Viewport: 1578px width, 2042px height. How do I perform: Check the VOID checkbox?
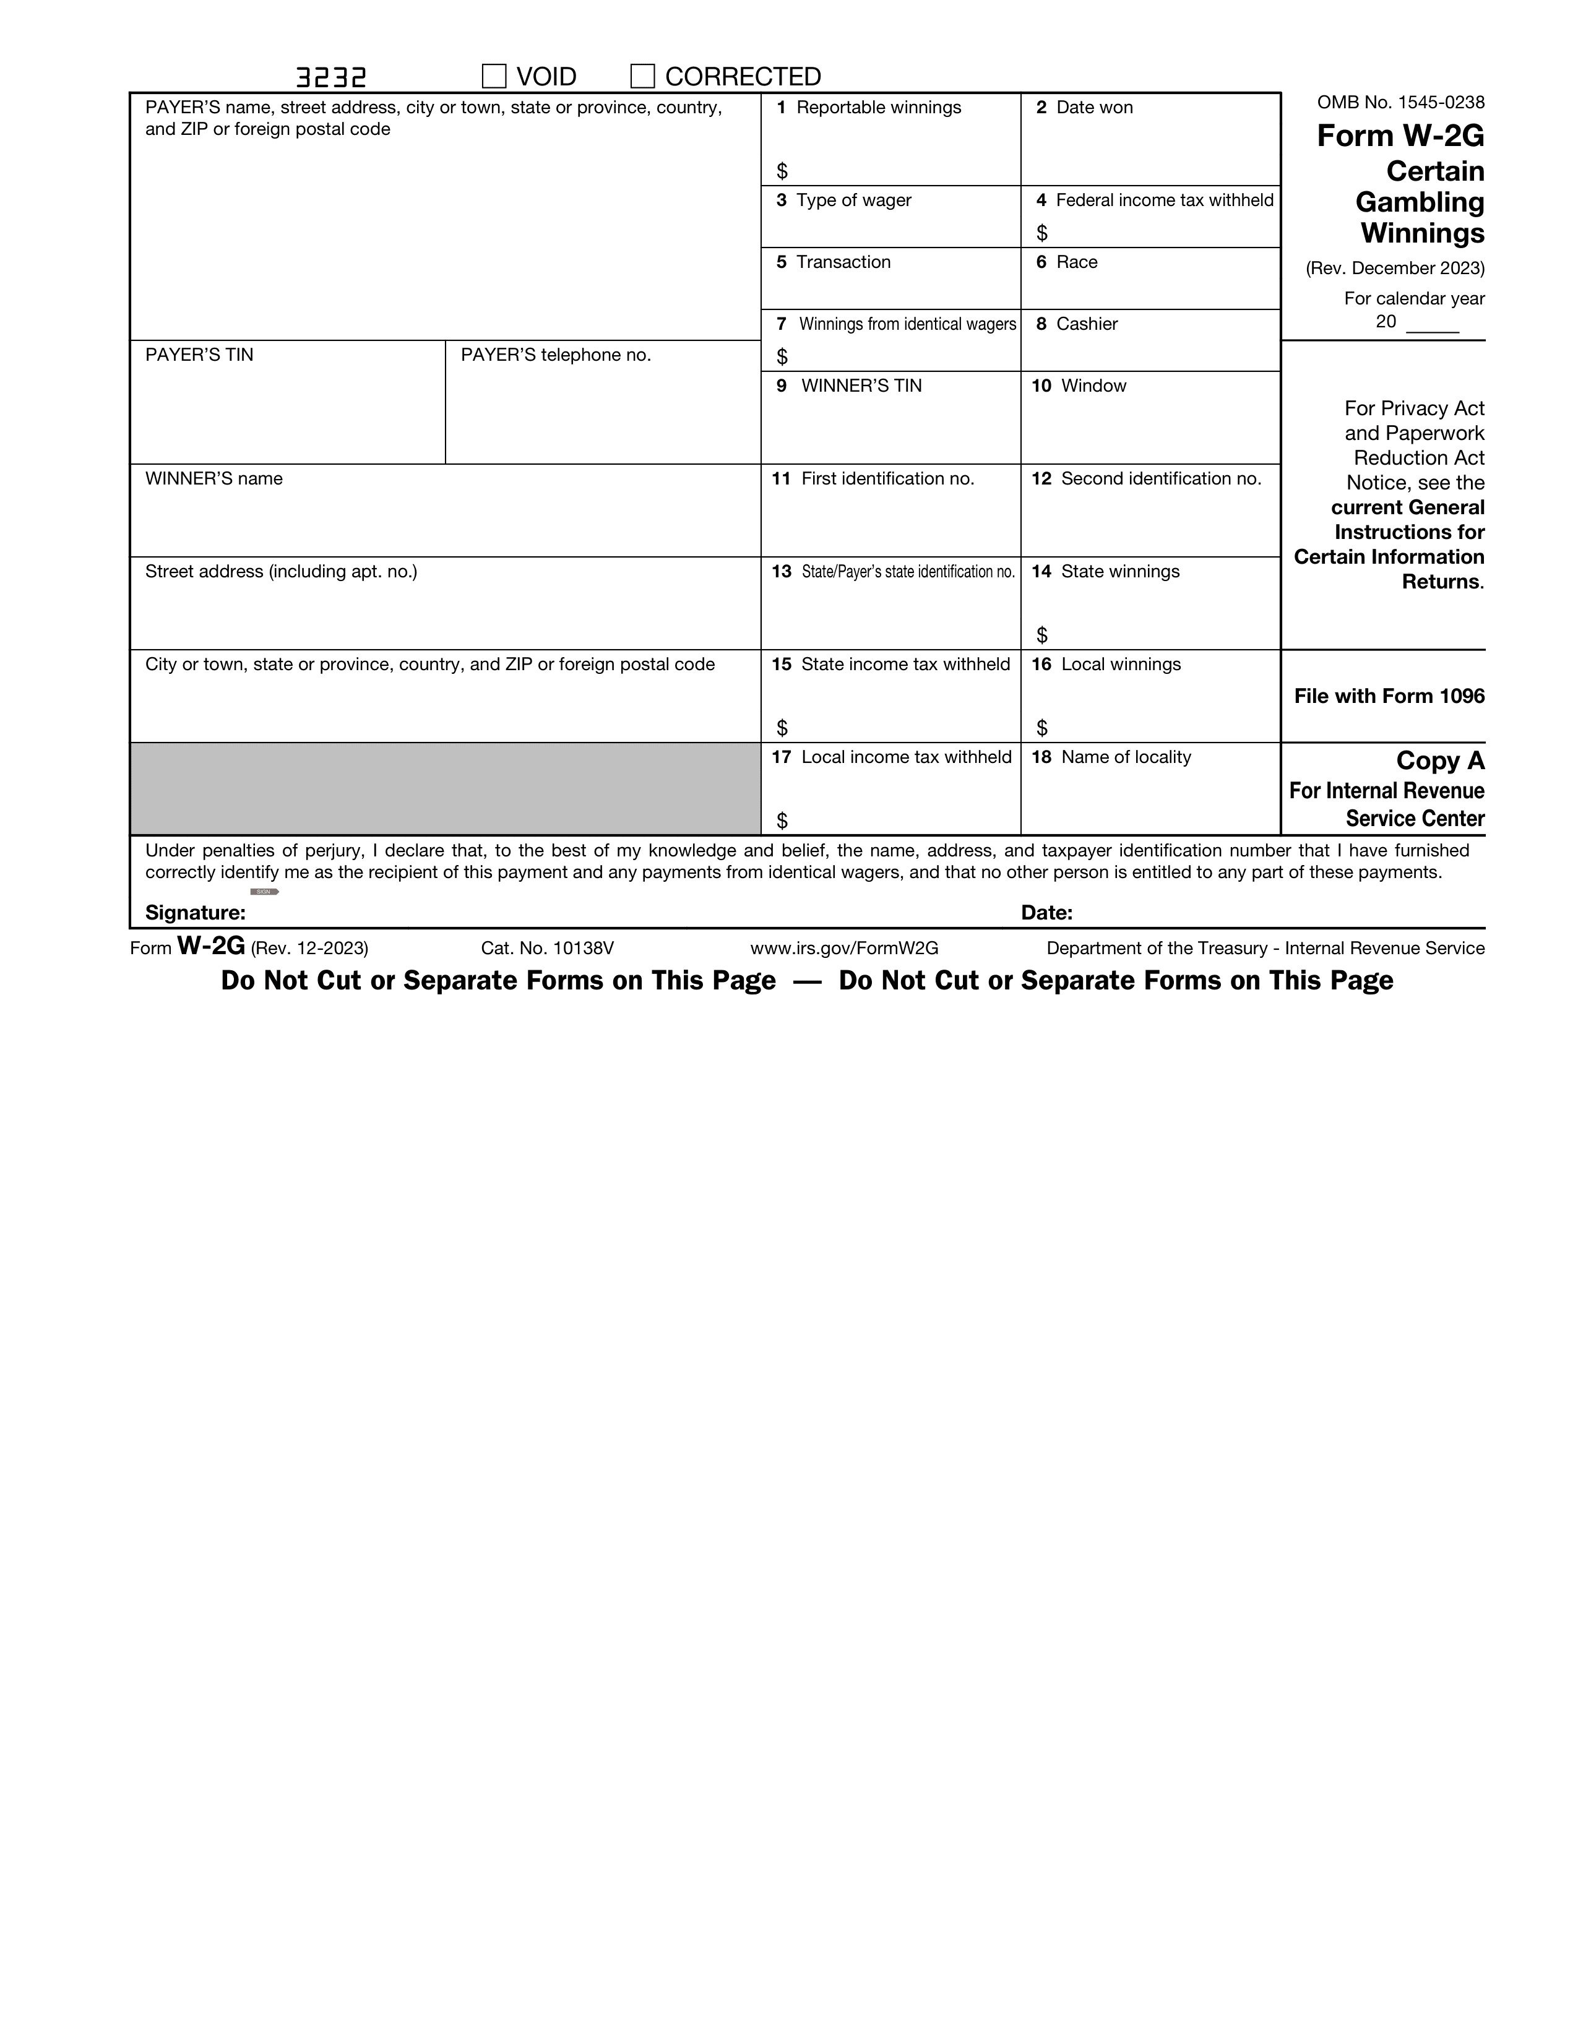(x=494, y=75)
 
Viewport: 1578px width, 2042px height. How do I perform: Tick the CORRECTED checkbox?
(x=642, y=75)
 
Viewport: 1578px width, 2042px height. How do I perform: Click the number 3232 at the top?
(x=331, y=77)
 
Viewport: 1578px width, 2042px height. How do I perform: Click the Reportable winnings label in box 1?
(x=878, y=108)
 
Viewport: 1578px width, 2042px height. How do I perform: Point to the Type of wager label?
(x=853, y=200)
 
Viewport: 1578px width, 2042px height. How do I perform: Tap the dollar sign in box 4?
(x=1041, y=233)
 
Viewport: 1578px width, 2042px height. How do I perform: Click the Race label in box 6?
(x=1076, y=262)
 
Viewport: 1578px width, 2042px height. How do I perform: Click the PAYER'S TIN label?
(x=199, y=355)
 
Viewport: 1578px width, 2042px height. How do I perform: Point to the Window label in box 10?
(x=1093, y=386)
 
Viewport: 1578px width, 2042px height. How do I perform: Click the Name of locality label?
(x=1126, y=757)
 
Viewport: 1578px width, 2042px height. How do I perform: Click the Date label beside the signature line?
(x=1046, y=913)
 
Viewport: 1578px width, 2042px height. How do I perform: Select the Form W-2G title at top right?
(x=1399, y=137)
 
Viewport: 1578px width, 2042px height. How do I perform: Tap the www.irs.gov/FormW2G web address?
(x=844, y=948)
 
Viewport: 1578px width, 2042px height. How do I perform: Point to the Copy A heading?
(x=1439, y=761)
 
